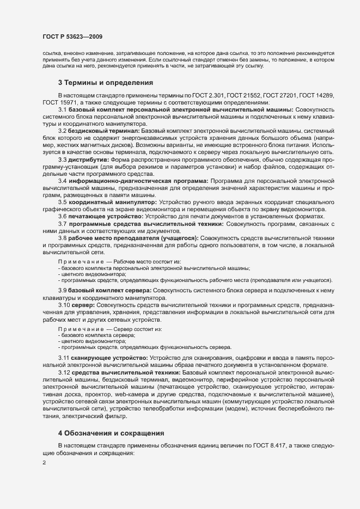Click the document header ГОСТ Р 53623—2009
click(71, 36)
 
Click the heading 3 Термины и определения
click(105, 83)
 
